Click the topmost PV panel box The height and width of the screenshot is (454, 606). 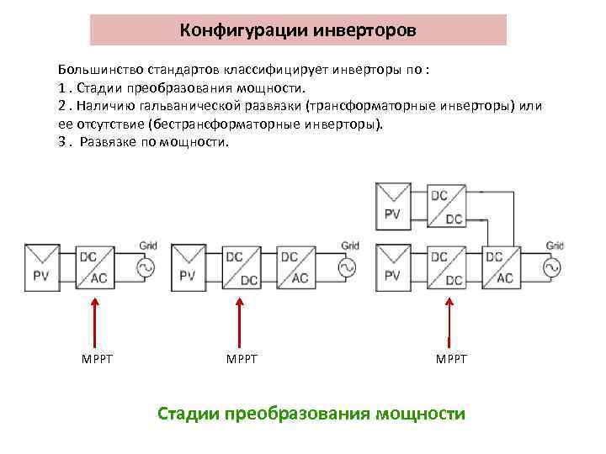(393, 204)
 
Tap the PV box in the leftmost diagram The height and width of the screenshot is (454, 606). (42, 267)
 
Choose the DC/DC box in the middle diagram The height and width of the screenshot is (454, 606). (242, 267)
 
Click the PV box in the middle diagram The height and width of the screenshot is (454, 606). (188, 267)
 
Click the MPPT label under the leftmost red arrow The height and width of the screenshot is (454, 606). (98, 360)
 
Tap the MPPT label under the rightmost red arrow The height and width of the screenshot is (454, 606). (451, 360)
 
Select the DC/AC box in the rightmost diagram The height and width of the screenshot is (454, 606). (499, 267)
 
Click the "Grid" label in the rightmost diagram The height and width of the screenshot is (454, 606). (555, 245)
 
